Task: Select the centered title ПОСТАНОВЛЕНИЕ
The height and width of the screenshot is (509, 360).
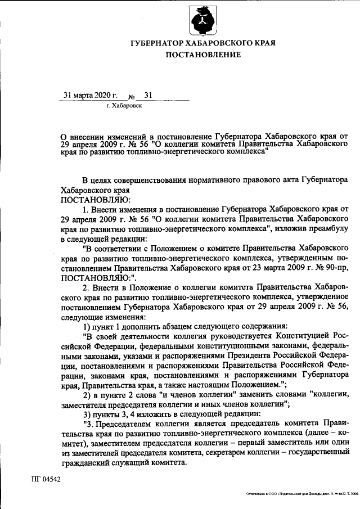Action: [x=203, y=55]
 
